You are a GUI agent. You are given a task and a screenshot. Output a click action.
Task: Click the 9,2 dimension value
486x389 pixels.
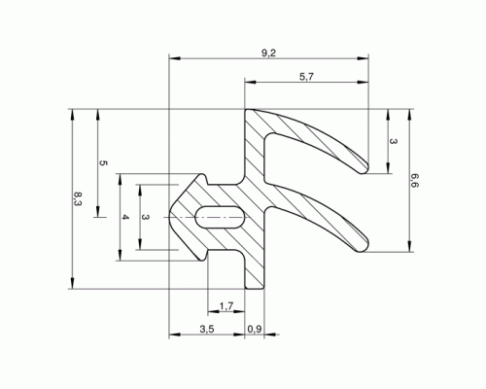(268, 53)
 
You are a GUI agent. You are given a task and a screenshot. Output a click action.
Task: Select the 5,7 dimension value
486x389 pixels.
(306, 77)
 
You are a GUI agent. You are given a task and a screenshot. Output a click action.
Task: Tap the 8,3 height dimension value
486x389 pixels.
(78, 198)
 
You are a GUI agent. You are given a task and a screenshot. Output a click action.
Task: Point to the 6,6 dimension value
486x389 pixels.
(415, 180)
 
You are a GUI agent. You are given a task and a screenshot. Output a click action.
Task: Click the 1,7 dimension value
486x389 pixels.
(226, 305)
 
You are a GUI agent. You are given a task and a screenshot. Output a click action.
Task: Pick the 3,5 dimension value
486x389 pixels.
(207, 329)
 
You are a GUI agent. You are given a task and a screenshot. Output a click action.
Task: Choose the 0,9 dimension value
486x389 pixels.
(255, 329)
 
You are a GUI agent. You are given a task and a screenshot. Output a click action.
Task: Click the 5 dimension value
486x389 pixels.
(103, 163)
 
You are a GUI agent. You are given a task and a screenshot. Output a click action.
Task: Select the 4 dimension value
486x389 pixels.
(125, 217)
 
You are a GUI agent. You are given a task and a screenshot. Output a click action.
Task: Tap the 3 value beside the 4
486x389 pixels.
(146, 217)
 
